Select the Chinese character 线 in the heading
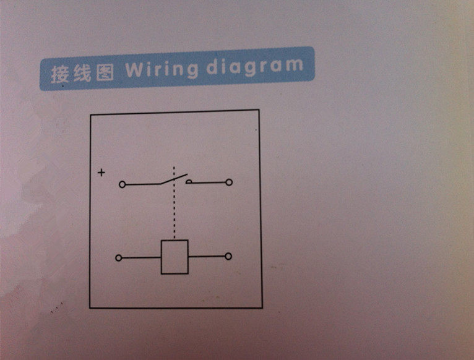point(82,74)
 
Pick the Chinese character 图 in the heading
point(104,73)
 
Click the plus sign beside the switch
point(101,173)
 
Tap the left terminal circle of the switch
point(122,184)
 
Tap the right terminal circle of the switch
point(230,182)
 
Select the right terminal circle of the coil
point(228,256)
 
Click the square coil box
point(175,257)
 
